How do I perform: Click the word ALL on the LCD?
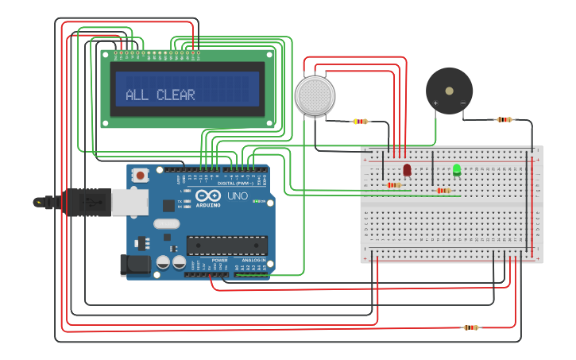click(x=137, y=95)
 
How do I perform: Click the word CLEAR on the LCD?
click(x=176, y=95)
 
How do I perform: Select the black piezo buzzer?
click(x=449, y=90)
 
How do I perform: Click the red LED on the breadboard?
click(x=407, y=169)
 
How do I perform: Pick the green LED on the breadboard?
click(x=457, y=169)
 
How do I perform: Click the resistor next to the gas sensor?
click(x=361, y=122)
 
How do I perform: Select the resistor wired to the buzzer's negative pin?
click(x=504, y=120)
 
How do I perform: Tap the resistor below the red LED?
click(x=393, y=185)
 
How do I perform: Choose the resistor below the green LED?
click(x=443, y=191)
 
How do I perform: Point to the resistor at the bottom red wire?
click(x=471, y=327)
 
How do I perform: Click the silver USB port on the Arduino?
click(x=130, y=202)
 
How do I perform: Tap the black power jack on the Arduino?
click(x=134, y=265)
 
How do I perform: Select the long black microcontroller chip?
click(x=226, y=246)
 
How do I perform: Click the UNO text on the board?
click(x=238, y=196)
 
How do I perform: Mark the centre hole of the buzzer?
click(x=449, y=90)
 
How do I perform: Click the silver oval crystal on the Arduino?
click(x=167, y=224)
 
